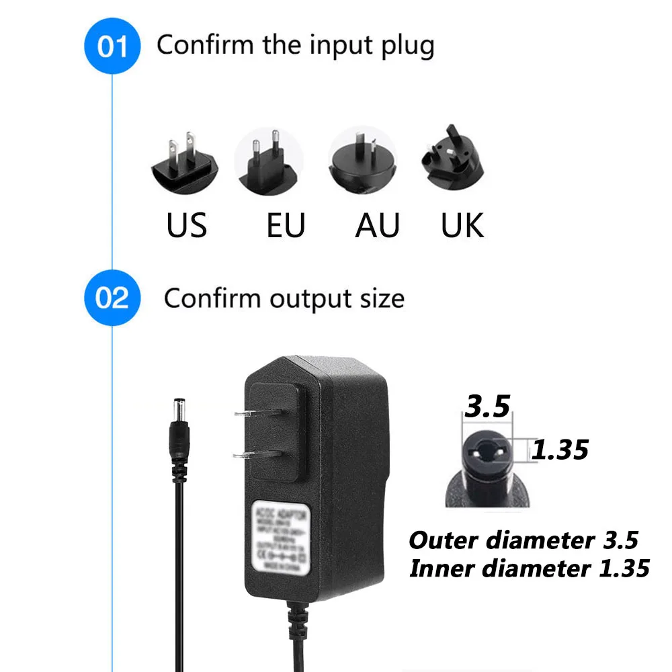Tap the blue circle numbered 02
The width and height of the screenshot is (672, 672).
112,298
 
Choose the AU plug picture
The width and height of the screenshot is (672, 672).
362,161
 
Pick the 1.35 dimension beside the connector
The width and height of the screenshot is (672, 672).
560,449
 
